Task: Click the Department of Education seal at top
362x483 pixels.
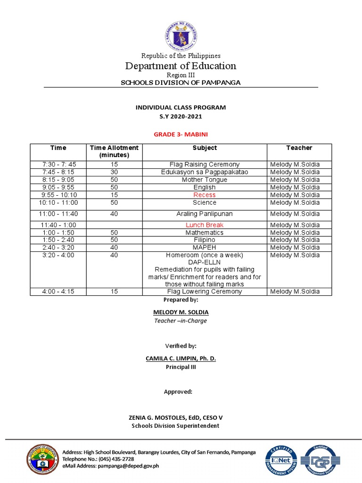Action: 181,36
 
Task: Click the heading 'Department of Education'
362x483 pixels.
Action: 181,66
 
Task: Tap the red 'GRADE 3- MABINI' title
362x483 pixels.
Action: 181,134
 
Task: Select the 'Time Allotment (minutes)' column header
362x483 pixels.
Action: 114,151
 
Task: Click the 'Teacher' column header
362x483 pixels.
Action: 299,148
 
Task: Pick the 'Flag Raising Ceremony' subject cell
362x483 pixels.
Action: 205,165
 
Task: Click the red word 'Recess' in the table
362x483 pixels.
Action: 205,195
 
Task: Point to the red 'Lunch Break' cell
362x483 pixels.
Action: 205,225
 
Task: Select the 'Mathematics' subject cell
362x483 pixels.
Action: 205,233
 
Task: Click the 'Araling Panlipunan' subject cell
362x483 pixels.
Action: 205,214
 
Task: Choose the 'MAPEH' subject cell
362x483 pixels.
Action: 205,248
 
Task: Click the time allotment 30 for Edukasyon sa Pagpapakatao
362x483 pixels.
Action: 114,172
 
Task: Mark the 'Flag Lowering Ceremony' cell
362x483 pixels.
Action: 205,291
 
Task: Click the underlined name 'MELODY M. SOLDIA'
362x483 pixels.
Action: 181,312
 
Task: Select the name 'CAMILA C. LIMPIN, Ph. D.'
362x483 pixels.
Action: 181,358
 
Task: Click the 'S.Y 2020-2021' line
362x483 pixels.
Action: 181,116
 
